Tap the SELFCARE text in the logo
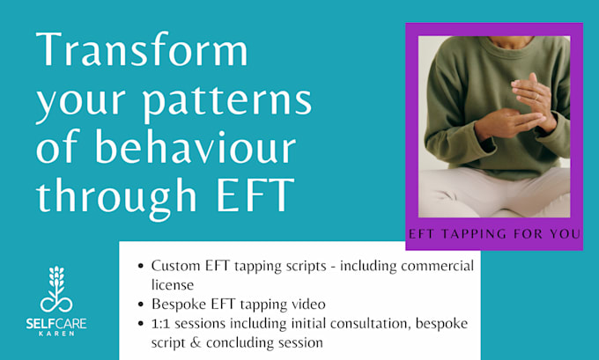click(x=62, y=322)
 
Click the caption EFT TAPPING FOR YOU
click(x=494, y=234)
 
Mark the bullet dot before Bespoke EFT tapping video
click(x=142, y=304)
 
